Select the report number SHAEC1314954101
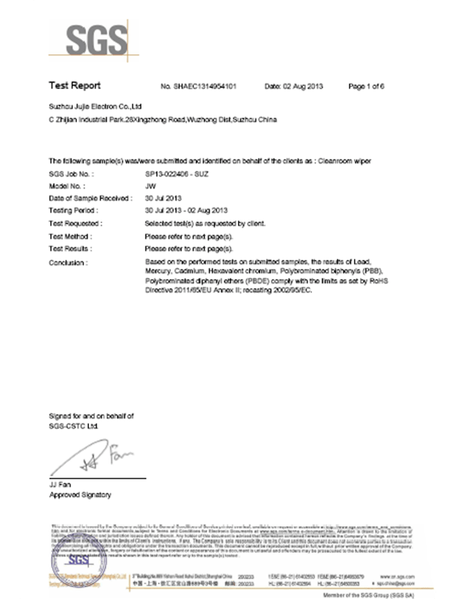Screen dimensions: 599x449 pos(203,87)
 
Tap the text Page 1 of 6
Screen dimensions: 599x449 pos(366,87)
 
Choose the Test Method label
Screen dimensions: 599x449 pos(72,234)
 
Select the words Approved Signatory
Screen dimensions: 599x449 pos(80,496)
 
